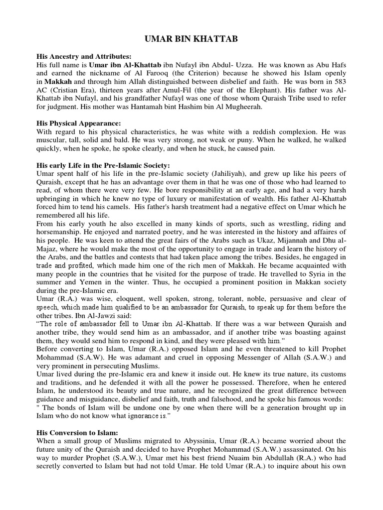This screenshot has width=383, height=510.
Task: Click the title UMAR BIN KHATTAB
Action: coord(191,39)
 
